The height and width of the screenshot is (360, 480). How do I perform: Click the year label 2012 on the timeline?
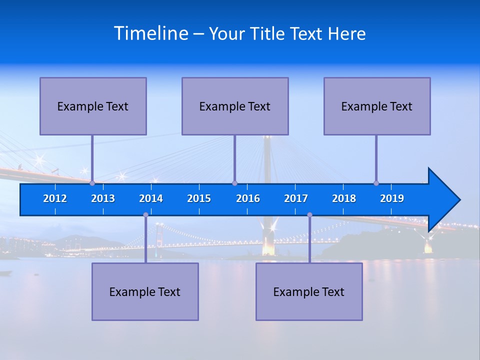55,198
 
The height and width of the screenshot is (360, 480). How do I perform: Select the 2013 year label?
103,198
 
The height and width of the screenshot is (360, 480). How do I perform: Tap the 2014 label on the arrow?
151,198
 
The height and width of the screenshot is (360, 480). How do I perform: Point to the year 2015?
199,198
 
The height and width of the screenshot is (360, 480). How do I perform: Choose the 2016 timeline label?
248,198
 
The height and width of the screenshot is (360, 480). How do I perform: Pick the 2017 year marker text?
296,198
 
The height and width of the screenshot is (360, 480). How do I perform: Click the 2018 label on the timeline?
344,198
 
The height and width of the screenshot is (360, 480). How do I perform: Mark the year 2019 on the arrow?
392,198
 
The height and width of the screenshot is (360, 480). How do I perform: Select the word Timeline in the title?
151,33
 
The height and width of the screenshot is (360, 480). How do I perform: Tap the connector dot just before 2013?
92,183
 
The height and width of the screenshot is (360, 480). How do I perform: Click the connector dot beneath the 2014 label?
145,215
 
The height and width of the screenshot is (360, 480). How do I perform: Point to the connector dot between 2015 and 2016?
234,183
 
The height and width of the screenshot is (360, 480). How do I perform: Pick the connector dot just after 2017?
309,215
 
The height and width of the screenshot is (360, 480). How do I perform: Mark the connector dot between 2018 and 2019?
376,183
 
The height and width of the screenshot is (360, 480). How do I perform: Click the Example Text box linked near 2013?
93,106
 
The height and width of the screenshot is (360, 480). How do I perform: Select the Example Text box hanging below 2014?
145,291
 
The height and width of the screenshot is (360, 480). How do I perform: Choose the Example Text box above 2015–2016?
235,106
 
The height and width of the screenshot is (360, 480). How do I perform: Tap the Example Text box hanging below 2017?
309,291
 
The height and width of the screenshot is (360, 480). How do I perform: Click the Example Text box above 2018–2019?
377,106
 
